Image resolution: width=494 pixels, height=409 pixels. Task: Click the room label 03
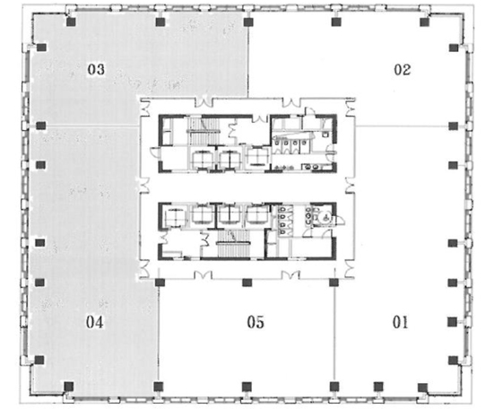pos(96,69)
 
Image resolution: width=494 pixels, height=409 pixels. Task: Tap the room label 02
pos(403,70)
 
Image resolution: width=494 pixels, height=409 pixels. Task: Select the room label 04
pos(95,322)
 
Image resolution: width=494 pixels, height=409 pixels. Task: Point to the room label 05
pos(256,322)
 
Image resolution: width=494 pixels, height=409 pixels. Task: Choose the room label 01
pos(400,322)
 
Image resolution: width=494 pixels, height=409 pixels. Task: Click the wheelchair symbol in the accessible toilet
pos(325,217)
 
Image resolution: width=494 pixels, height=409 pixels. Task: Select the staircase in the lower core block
pos(233,243)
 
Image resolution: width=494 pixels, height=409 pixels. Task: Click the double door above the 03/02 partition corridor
pos(204,102)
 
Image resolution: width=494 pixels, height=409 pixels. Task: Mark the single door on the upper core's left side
pos(156,152)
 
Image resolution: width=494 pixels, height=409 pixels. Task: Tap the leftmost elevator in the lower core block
pos(174,215)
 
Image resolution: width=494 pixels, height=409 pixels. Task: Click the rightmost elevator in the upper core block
pos(257,157)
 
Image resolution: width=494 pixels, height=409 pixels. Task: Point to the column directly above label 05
pos(247,283)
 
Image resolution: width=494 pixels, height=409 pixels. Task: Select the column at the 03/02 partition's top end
pos(248,22)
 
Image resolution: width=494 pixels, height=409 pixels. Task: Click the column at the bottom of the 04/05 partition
pos(158,387)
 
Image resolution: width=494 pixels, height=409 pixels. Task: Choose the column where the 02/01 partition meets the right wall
pos(453,126)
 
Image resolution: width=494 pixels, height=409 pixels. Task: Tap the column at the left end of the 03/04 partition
pos(40,126)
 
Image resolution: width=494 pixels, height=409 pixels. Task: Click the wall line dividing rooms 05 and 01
pos(334,335)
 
